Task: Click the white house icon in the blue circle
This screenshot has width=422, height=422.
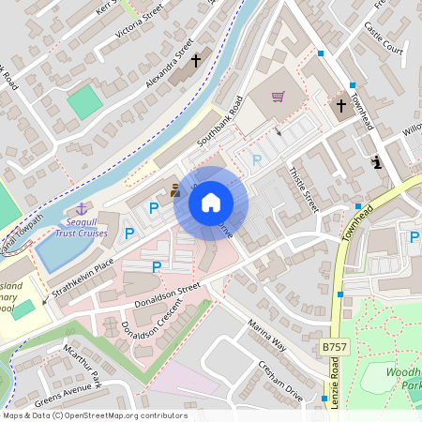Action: (211, 202)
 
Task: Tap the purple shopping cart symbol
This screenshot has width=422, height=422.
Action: (279, 97)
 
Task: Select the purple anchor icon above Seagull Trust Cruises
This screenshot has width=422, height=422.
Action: (81, 207)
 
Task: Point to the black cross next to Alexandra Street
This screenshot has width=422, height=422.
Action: (196, 62)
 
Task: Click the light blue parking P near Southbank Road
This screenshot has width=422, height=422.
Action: (257, 160)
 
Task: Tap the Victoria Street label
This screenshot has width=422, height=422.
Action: (140, 22)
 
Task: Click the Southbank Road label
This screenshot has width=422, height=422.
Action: (219, 123)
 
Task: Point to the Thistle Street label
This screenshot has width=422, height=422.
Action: (305, 188)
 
